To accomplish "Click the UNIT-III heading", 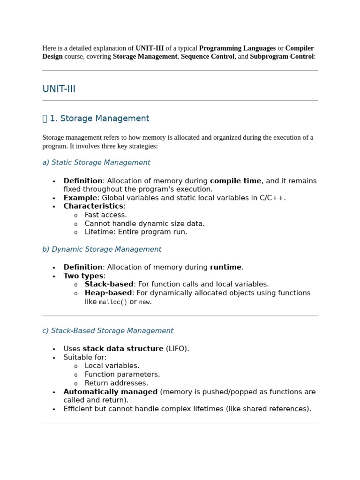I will point(59,89).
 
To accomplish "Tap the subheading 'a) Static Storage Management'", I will point(96,163).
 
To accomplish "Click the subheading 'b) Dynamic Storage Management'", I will point(102,249).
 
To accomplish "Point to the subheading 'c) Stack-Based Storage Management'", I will point(108,331).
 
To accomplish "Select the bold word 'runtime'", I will point(225,267).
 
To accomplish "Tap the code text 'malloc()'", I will point(113,302).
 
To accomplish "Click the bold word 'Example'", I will point(80,198).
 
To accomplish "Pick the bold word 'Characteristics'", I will point(93,206).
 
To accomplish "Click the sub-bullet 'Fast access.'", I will point(105,215).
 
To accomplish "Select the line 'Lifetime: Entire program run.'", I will point(136,232).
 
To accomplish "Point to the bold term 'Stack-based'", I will point(109,285).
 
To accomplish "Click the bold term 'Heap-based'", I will point(108,293).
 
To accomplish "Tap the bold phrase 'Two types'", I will point(83,276).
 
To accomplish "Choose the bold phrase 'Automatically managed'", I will point(111,392).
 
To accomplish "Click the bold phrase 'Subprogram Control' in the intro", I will point(281,56).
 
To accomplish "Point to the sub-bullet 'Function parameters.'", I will point(122,375).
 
